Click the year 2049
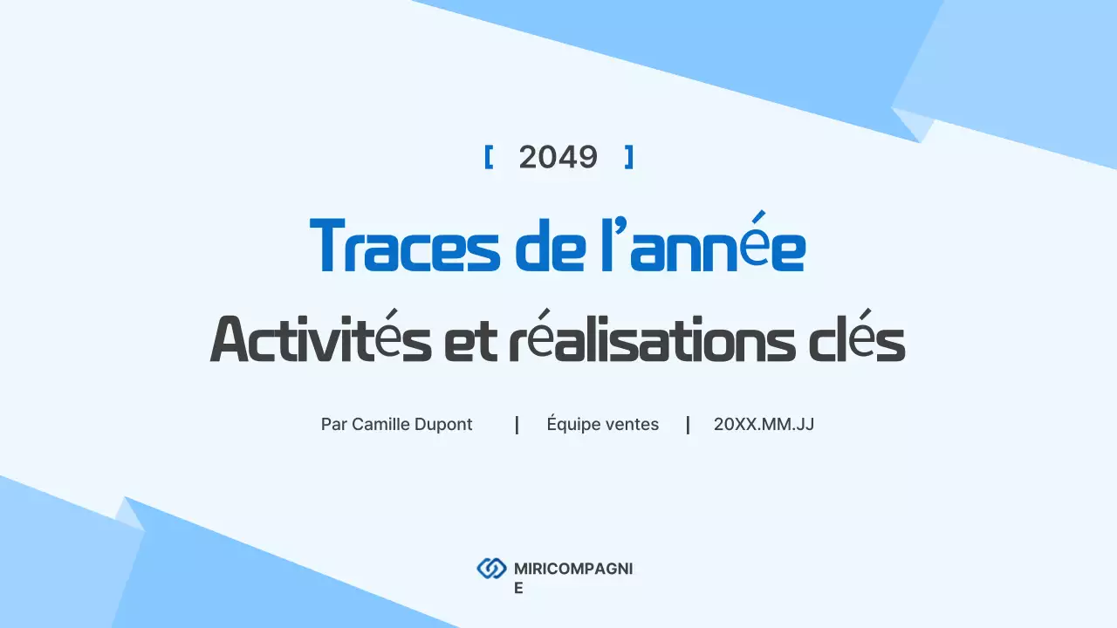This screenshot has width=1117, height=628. click(x=558, y=157)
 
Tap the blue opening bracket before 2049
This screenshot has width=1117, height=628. click(x=489, y=157)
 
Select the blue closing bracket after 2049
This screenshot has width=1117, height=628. click(x=628, y=157)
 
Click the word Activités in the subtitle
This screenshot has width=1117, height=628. click(x=320, y=339)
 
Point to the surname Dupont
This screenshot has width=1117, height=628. click(x=444, y=425)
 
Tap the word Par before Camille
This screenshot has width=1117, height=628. click(x=333, y=425)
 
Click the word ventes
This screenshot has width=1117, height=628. click(x=634, y=425)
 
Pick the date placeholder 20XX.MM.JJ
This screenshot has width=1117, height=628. click(x=764, y=425)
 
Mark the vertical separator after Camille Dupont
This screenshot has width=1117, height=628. click(x=517, y=425)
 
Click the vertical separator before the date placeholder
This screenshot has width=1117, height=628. click(x=688, y=425)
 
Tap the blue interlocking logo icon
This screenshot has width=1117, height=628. click(x=491, y=569)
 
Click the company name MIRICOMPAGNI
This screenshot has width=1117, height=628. click(x=572, y=569)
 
